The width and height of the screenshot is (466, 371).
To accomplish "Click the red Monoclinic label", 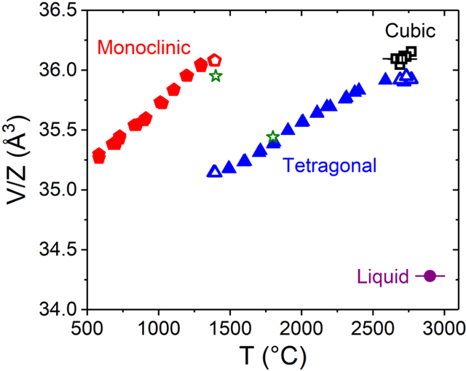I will pyautogui.click(x=143, y=47).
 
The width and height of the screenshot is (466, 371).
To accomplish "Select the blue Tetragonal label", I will pyautogui.click(x=330, y=166).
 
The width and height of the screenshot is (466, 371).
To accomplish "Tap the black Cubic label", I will pyautogui.click(x=410, y=31).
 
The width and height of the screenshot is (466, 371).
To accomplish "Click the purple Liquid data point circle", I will pyautogui.click(x=430, y=276).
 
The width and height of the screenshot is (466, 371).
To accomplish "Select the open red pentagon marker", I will pyautogui.click(x=215, y=60).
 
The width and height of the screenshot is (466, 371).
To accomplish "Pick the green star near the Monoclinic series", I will pyautogui.click(x=216, y=76).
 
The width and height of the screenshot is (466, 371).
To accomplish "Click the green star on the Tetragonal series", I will pyautogui.click(x=273, y=137).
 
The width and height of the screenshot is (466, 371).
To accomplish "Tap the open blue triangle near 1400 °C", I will pyautogui.click(x=215, y=171).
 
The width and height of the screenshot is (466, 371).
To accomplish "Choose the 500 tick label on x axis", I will pyautogui.click(x=87, y=325).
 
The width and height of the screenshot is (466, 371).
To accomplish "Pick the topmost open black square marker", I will pyautogui.click(x=411, y=52).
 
